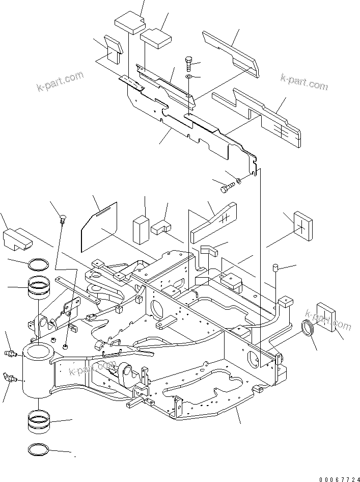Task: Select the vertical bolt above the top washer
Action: pos(188,64)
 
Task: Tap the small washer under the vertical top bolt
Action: pos(188,76)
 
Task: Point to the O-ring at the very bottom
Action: pos(39,450)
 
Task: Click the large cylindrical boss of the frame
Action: pos(37,369)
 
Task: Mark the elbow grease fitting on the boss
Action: pos(12,378)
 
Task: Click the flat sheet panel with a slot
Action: pos(100,225)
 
